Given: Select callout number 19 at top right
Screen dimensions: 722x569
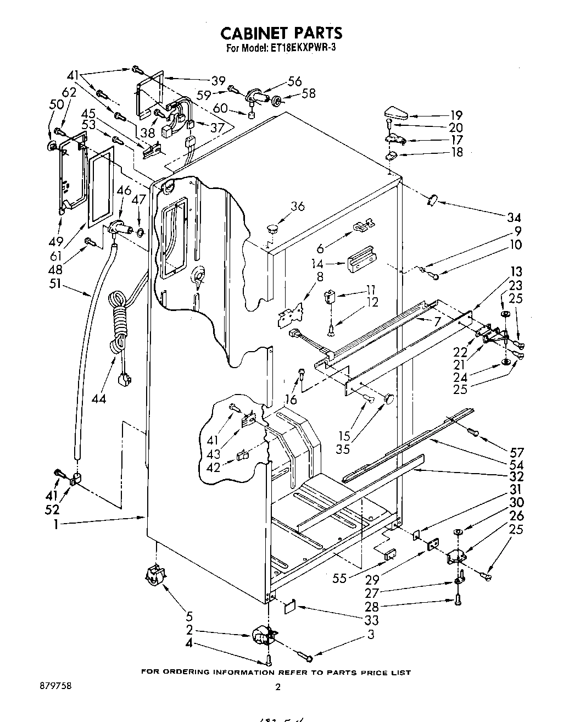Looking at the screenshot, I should pyautogui.click(x=456, y=115).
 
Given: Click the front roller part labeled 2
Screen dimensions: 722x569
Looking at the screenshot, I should pyautogui.click(x=263, y=637).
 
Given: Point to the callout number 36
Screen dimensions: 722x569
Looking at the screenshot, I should pyautogui.click(x=298, y=206).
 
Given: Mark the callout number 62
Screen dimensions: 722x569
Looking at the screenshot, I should pyautogui.click(x=69, y=93).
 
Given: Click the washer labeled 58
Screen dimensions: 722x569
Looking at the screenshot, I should pyautogui.click(x=277, y=101).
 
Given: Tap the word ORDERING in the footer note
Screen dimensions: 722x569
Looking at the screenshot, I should pyautogui.click(x=187, y=672).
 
